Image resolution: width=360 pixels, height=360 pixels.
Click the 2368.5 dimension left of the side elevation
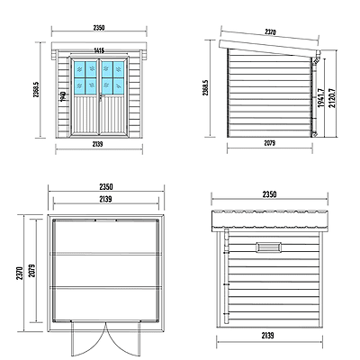click(207, 88)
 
